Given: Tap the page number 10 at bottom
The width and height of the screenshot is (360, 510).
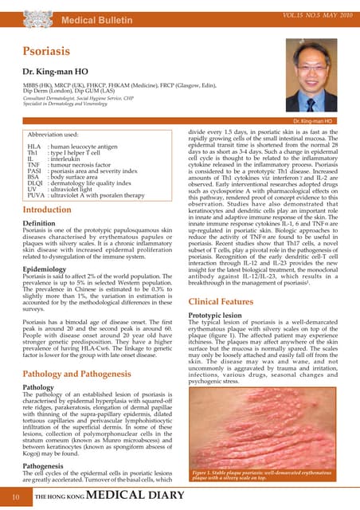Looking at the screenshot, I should [15, 497].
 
